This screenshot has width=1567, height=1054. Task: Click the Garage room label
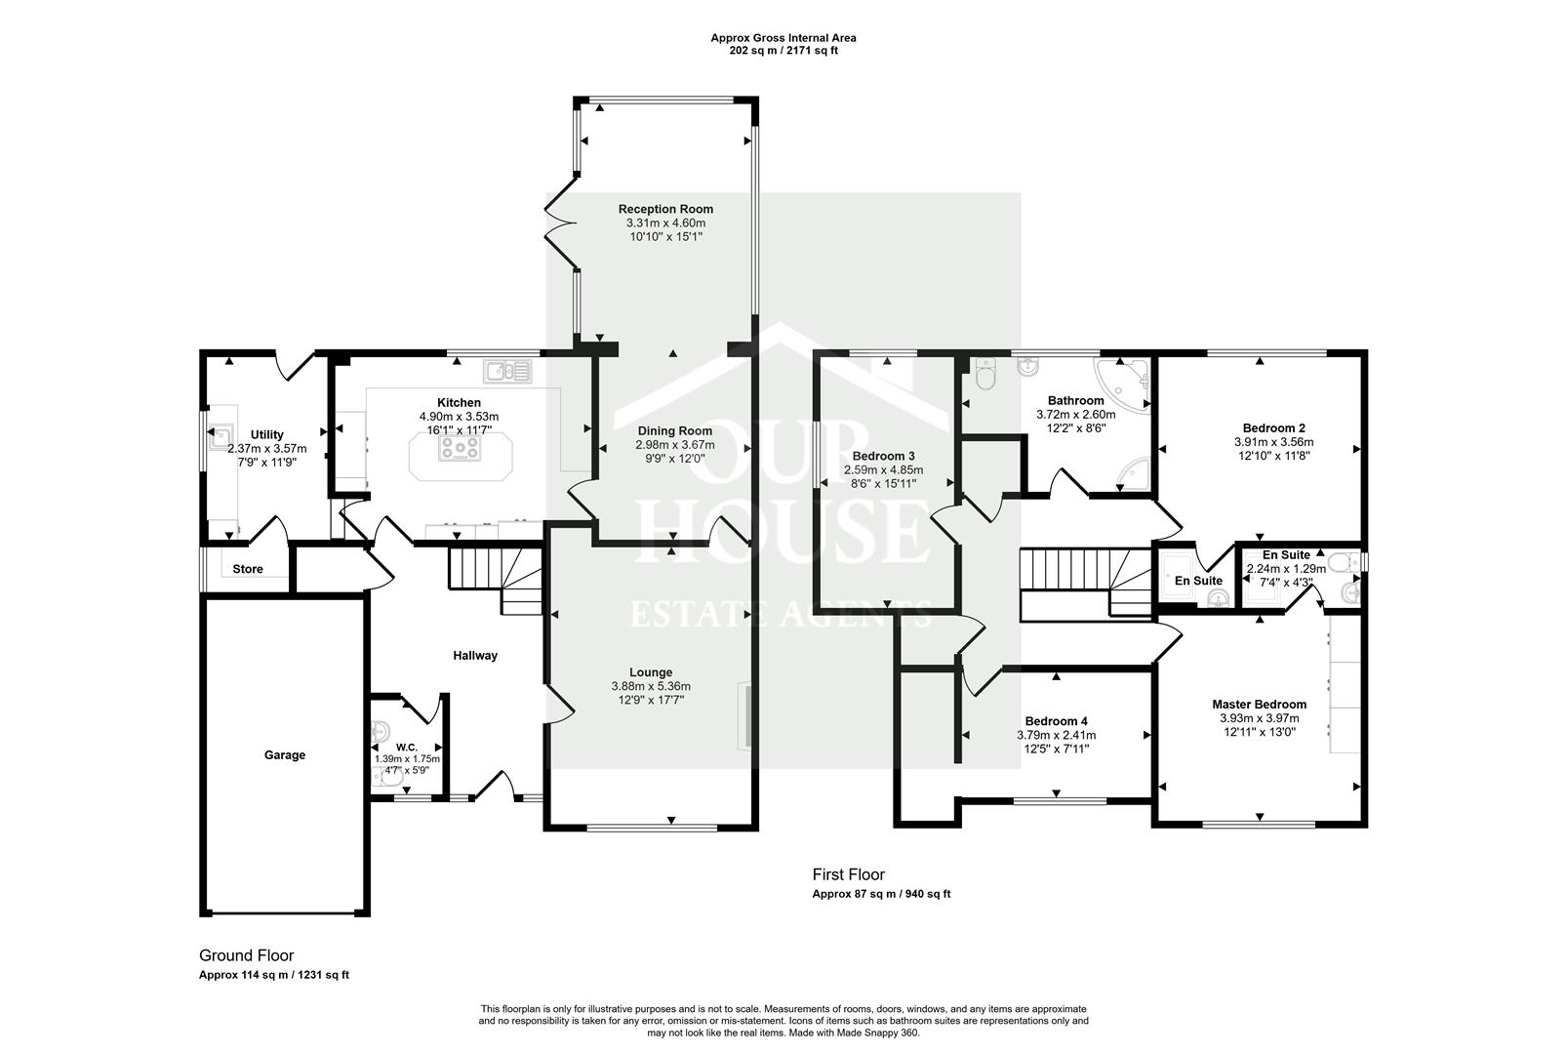point(285,754)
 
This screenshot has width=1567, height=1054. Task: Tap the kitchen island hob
point(461,448)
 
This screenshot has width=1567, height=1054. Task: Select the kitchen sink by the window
point(507,371)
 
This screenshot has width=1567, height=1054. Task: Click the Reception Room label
point(665,209)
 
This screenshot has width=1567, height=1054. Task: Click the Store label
point(248,569)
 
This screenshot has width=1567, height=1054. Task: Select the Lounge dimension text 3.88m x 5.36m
point(651,686)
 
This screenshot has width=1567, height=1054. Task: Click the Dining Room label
point(675,430)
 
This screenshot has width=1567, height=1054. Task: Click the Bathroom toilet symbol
point(983,376)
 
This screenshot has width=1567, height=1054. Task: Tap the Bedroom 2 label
point(1273,427)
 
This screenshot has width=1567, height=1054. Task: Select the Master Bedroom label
point(1259,704)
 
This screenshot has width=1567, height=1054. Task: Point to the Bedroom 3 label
point(883,456)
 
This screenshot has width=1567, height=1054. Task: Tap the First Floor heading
point(848,874)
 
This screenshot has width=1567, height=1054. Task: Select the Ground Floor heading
point(246,955)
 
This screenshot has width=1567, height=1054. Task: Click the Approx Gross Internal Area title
point(783,38)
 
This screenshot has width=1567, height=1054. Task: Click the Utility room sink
point(221,435)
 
